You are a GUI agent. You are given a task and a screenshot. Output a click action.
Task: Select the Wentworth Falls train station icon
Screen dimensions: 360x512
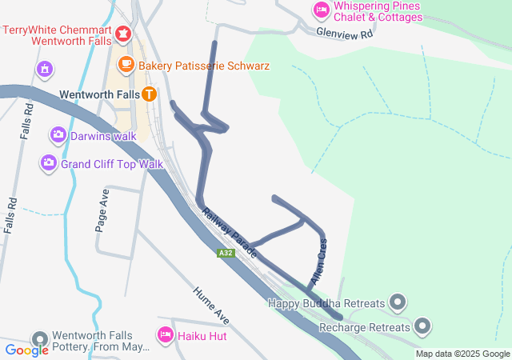click(x=150, y=94)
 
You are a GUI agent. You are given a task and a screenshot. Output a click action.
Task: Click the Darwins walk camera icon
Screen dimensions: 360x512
click(x=58, y=134)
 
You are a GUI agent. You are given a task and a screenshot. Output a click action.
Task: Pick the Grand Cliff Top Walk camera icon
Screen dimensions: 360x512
click(x=49, y=163)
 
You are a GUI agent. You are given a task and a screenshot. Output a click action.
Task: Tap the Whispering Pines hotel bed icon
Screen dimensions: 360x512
click(x=320, y=10)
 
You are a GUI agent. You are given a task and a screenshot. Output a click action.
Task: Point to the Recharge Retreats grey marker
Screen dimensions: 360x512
click(x=422, y=326)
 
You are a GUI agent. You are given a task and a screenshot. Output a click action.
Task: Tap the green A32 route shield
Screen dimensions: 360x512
click(x=226, y=253)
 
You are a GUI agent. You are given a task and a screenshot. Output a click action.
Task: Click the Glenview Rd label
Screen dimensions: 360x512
click(x=345, y=34)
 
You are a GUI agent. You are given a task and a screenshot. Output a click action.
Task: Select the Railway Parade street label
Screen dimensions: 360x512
click(x=230, y=232)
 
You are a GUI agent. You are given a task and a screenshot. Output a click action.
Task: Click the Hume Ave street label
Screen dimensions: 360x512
click(x=211, y=305)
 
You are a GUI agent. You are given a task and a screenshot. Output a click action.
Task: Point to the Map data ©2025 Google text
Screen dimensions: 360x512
click(x=462, y=354)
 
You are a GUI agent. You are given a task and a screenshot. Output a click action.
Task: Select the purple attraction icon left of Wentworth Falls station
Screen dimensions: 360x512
click(x=45, y=70)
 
